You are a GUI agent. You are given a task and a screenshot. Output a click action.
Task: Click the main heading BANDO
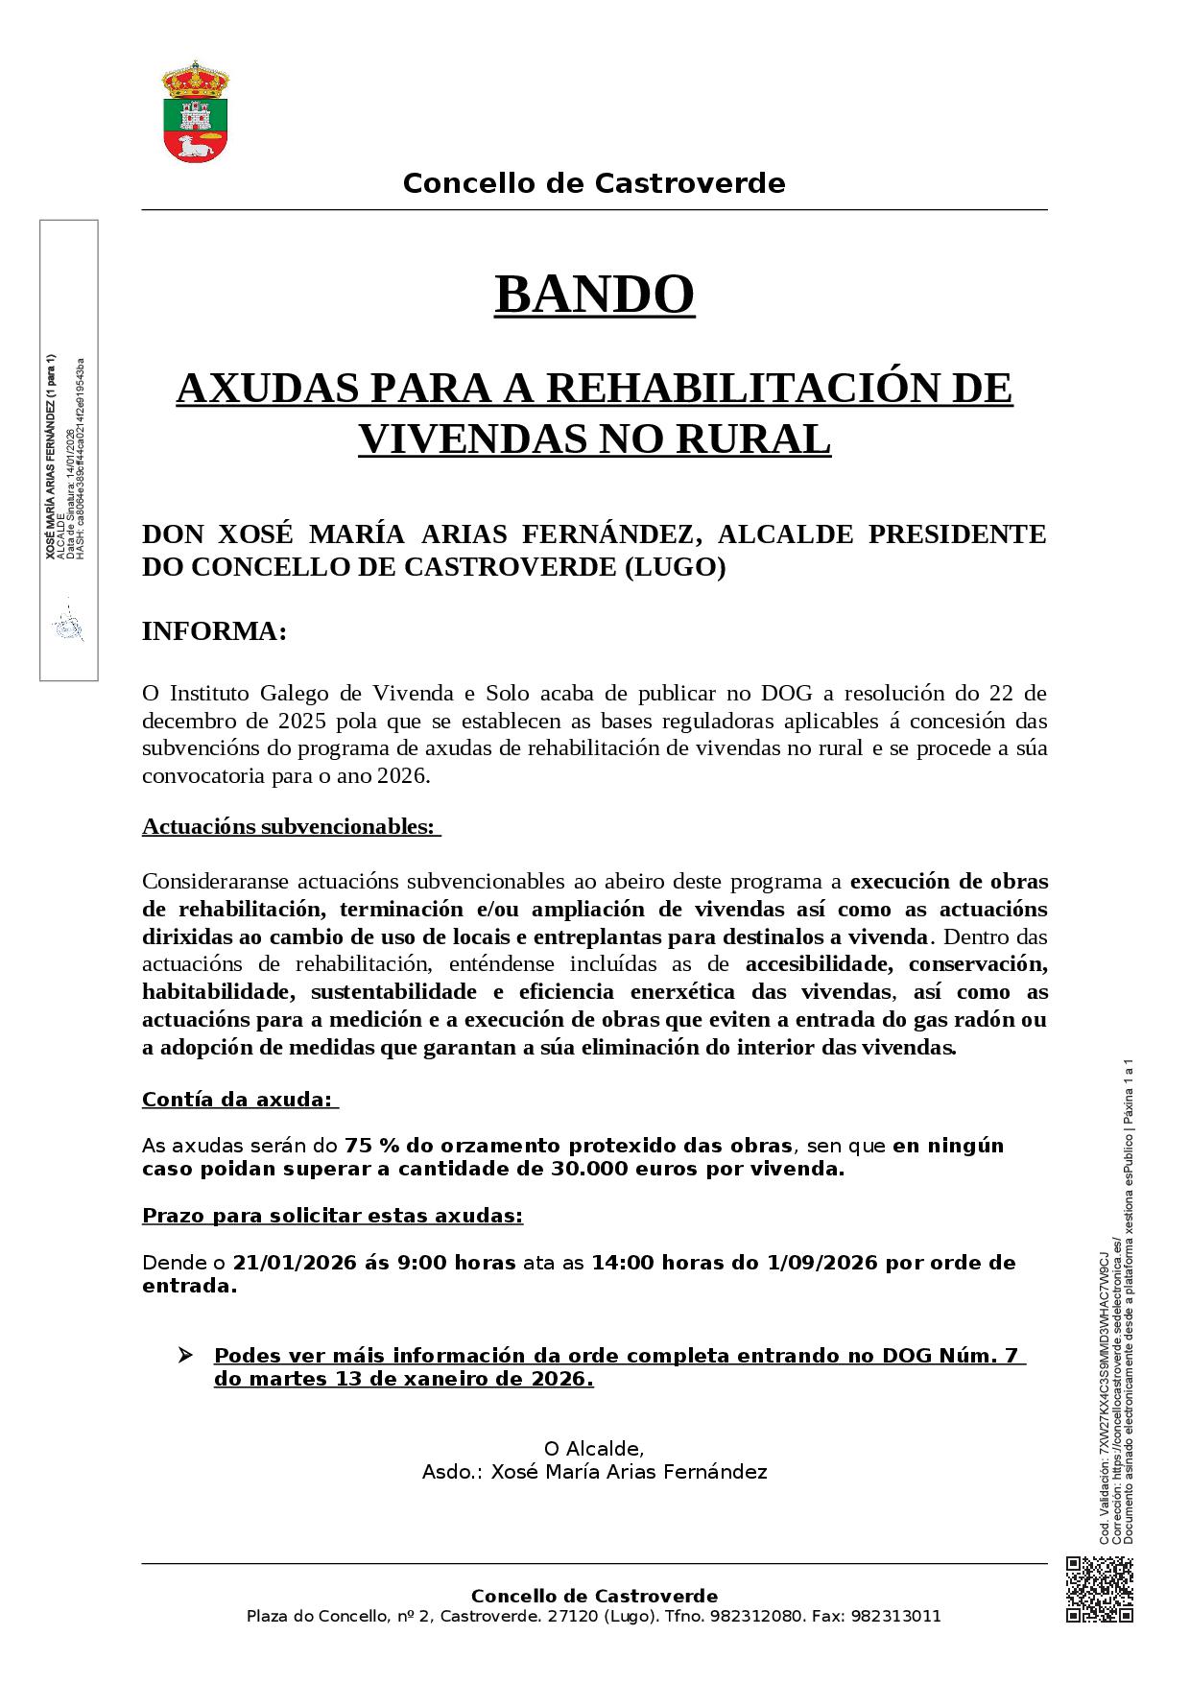pos(594,295)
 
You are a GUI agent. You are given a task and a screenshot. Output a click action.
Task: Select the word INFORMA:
pos(214,632)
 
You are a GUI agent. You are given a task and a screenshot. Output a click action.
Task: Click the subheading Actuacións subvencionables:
pos(289,826)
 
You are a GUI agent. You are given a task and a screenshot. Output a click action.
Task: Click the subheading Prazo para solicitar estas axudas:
pos(332,1216)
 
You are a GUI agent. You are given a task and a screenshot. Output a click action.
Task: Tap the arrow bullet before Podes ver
pos(185,1356)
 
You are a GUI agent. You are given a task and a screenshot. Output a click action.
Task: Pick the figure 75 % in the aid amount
pos(372,1146)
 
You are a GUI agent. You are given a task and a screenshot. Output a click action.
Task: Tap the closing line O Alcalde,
pos(594,1448)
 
